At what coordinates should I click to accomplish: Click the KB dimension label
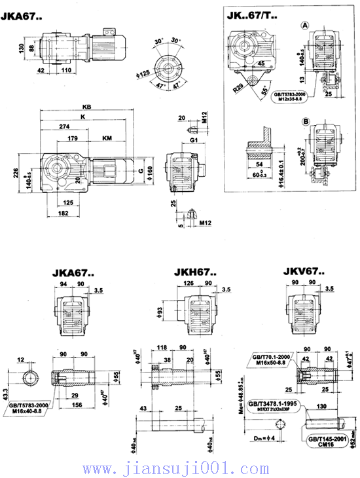pyautogui.click(x=86, y=107)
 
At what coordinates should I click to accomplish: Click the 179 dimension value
pyautogui.click(x=73, y=138)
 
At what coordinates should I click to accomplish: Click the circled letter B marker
pyautogui.click(x=304, y=121)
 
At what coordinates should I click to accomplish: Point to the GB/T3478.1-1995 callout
pyautogui.click(x=275, y=407)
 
